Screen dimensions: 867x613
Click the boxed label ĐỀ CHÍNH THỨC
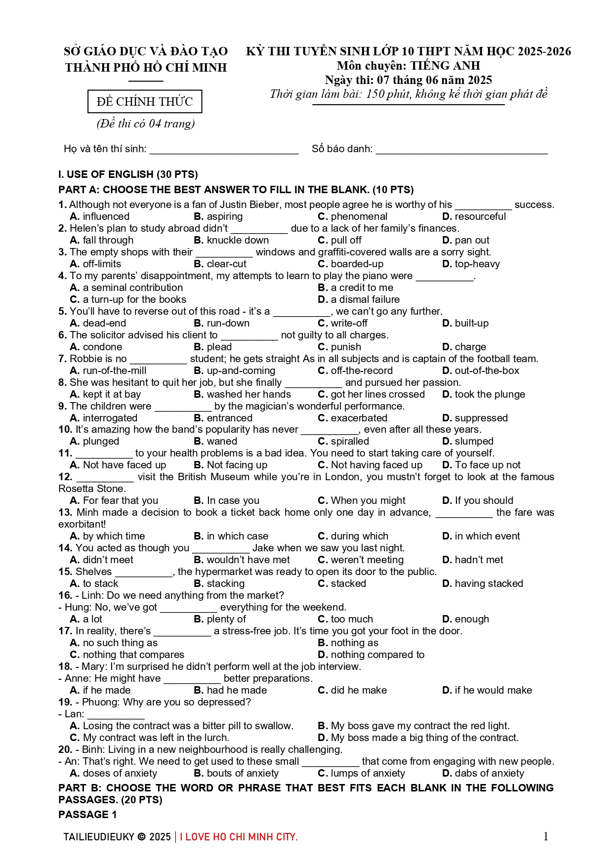tap(145, 102)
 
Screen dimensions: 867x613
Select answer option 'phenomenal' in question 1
tap(359, 216)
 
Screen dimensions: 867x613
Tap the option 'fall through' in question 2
tap(108, 240)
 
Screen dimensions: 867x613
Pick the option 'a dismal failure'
tap(365, 299)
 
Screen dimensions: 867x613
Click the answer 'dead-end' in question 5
tap(104, 323)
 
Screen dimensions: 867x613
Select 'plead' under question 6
tap(219, 347)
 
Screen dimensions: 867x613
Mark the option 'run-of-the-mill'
tap(115, 371)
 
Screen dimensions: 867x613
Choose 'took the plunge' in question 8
tap(490, 394)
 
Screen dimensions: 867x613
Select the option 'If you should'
tap(484, 500)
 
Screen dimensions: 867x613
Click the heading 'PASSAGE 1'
tap(87, 815)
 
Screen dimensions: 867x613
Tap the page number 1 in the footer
tap(546, 836)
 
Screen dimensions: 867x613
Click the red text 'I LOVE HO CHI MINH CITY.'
tap(239, 837)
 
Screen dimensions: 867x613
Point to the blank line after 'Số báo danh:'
tap(461, 151)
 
